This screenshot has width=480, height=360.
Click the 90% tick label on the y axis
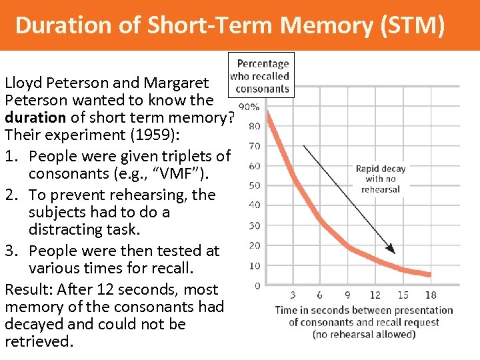[249, 107]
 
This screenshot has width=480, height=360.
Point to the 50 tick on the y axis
[254, 185]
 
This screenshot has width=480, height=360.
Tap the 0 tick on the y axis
[257, 286]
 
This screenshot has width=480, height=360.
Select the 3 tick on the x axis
[294, 295]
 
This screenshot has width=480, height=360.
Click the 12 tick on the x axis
[375, 295]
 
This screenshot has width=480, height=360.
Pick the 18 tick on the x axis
[430, 295]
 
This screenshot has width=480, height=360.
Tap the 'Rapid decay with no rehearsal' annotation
[380, 179]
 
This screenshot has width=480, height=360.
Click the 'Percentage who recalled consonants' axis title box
[261, 76]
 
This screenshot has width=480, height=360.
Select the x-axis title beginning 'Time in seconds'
[363, 321]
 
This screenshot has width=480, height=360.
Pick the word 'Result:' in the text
[28, 289]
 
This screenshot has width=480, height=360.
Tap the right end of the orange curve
[429, 273]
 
